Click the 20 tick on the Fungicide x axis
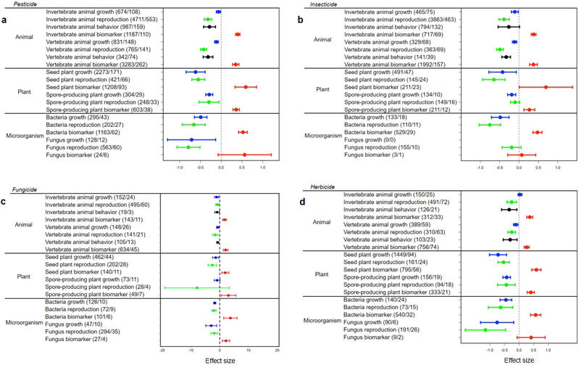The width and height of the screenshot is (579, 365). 278,350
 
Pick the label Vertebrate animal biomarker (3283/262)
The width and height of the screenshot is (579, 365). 95,64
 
